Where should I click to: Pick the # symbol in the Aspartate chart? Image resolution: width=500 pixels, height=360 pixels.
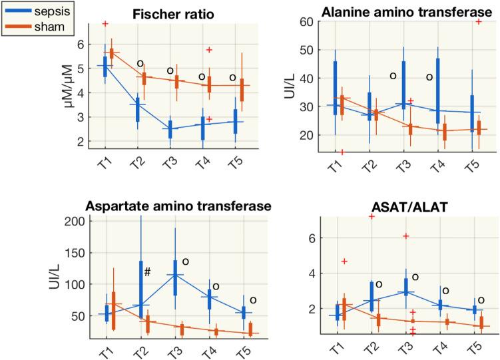tap(148, 271)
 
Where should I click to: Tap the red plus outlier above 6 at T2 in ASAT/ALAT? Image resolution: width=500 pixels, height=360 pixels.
tap(372, 217)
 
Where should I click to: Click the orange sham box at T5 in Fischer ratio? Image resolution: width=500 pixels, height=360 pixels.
tap(242, 88)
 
